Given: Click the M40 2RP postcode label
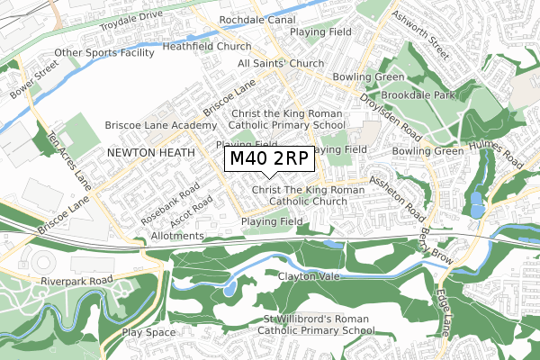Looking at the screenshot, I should (x=269, y=159).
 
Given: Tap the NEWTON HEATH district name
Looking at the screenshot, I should (x=150, y=154).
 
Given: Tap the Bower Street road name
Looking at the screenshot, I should (x=29, y=80).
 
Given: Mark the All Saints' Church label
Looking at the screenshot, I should (x=280, y=64).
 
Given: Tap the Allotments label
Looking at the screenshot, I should (x=177, y=236).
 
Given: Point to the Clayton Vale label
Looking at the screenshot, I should (x=309, y=276).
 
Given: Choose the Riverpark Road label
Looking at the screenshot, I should (x=76, y=281).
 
